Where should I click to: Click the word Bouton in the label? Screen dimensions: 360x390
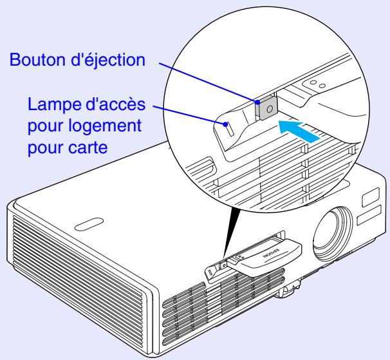click(30, 61)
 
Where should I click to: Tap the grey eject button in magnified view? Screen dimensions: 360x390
click(266, 108)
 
